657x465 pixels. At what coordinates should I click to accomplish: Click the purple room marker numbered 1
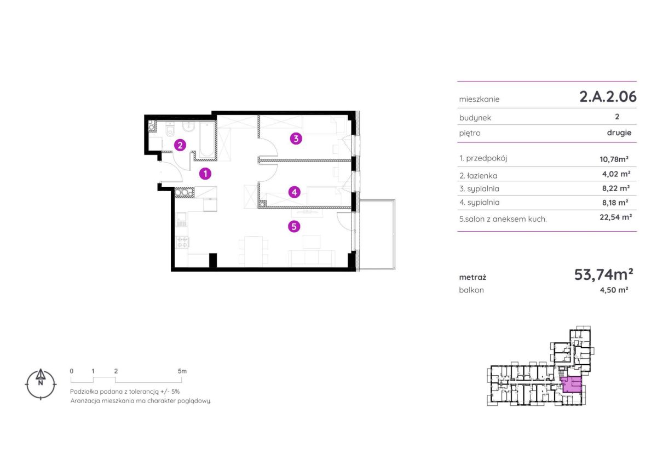[x=205, y=174]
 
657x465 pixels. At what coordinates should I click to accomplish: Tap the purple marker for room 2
[x=180, y=145]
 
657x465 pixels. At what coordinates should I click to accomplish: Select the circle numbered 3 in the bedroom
[x=296, y=139]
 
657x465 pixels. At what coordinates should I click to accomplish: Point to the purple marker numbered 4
[x=295, y=192]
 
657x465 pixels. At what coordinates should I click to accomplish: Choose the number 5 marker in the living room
[x=294, y=227]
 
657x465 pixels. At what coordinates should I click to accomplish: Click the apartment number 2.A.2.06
[x=608, y=96]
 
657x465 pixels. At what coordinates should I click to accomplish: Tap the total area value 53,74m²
[x=603, y=274]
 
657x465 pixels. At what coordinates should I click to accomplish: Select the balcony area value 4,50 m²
[x=614, y=290]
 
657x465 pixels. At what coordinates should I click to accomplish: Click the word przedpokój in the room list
[x=487, y=158]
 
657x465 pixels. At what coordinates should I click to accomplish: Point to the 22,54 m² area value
[x=615, y=217]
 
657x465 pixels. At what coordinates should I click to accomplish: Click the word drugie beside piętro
[x=619, y=133]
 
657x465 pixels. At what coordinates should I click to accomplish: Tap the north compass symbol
[x=41, y=384]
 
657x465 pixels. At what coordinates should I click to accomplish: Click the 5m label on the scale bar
[x=182, y=371]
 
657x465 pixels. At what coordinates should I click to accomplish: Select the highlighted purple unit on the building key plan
[x=571, y=384]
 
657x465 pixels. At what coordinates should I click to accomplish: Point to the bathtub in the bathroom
[x=207, y=139]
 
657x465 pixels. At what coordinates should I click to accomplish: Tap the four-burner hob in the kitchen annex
[x=182, y=242]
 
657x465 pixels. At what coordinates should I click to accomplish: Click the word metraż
[x=472, y=277]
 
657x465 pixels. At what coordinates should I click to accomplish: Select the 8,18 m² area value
[x=615, y=203]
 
